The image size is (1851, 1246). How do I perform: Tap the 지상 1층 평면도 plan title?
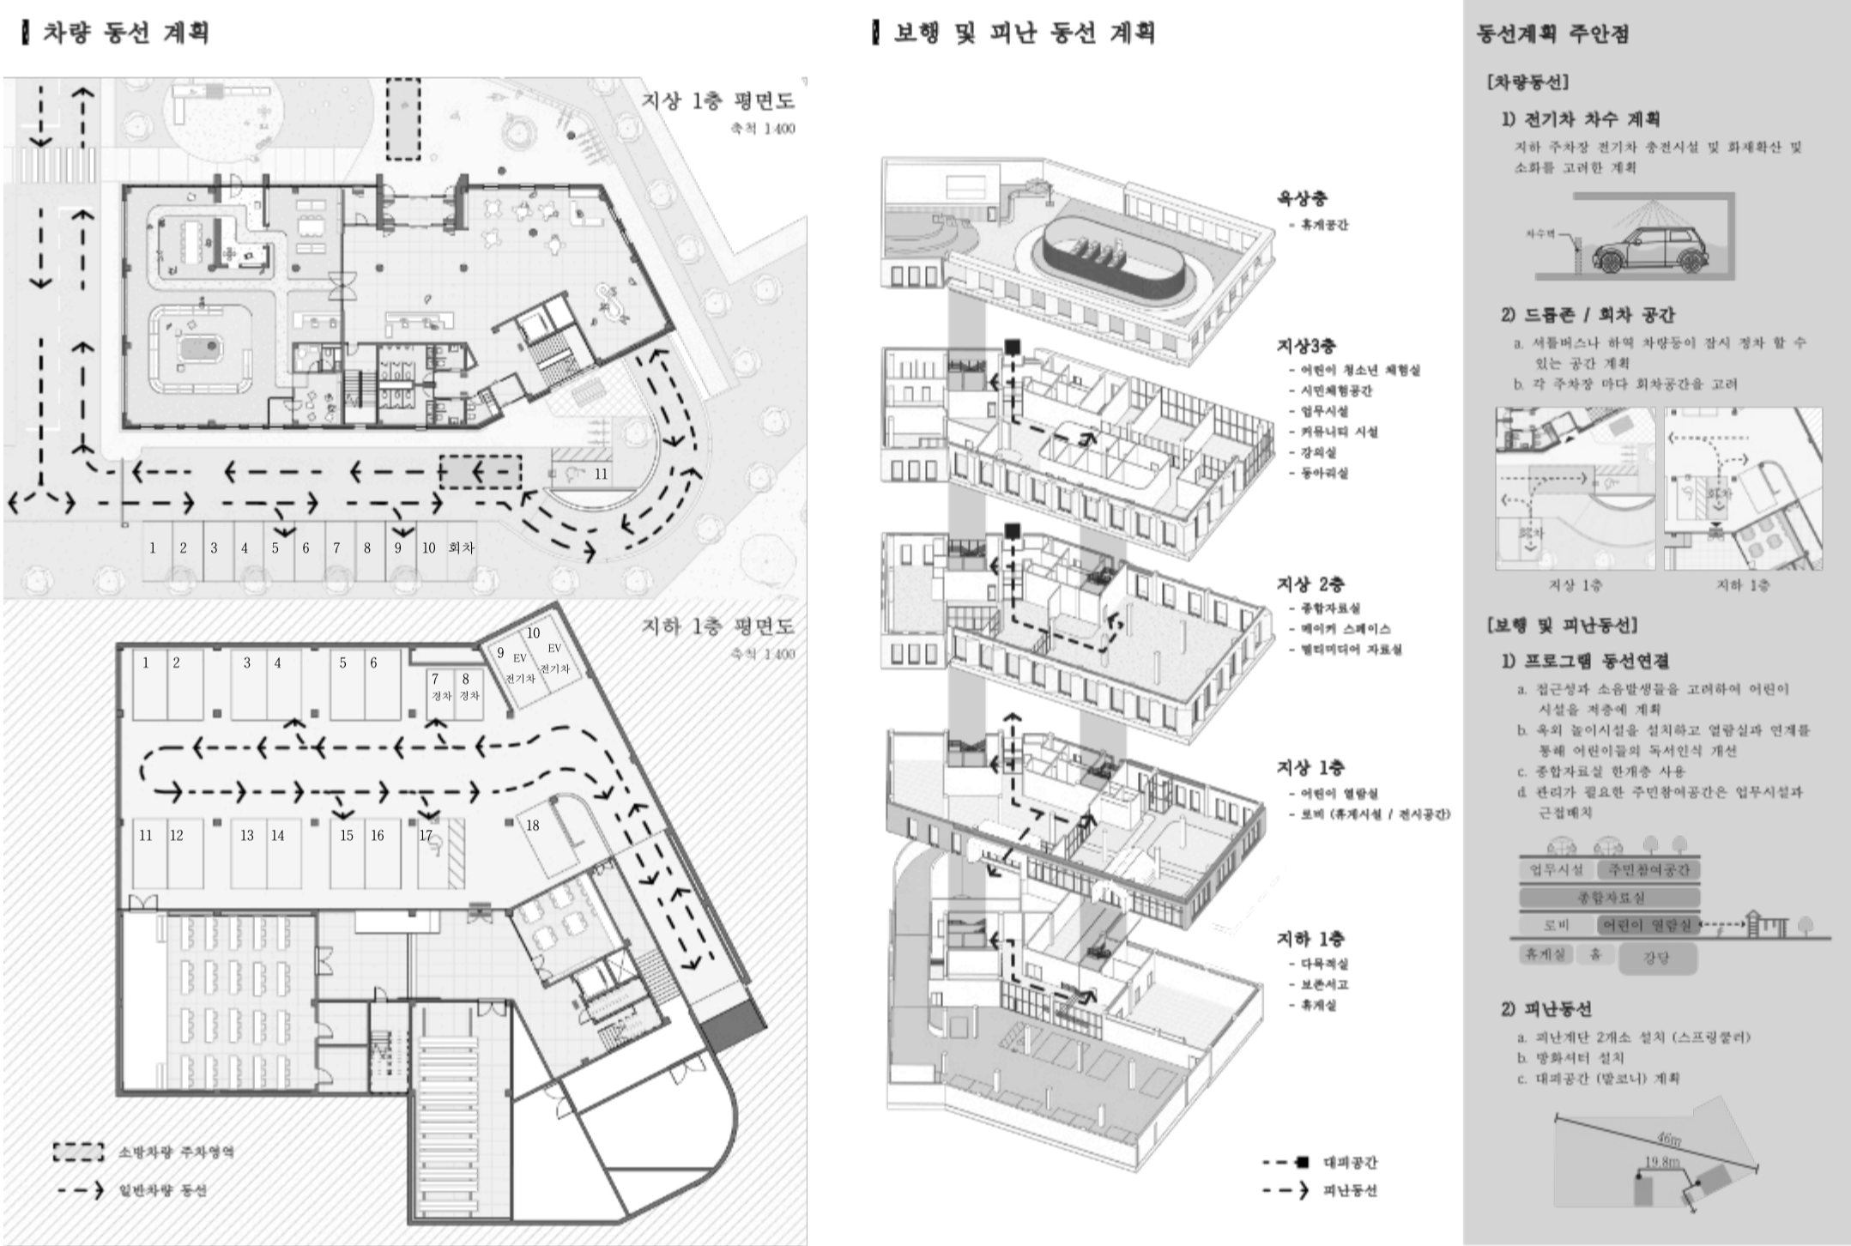click(718, 101)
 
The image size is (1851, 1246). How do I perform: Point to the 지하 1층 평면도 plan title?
click(718, 626)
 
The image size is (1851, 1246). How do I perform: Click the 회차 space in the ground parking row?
click(461, 548)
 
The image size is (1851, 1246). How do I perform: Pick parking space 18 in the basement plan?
click(533, 826)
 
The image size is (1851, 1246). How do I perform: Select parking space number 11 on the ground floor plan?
click(601, 474)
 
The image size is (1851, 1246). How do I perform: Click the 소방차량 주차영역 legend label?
click(176, 1152)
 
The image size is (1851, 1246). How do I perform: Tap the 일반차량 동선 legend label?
click(164, 1190)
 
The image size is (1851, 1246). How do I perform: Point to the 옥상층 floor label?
click(1302, 199)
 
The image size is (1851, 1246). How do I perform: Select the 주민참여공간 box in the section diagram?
click(1648, 869)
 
